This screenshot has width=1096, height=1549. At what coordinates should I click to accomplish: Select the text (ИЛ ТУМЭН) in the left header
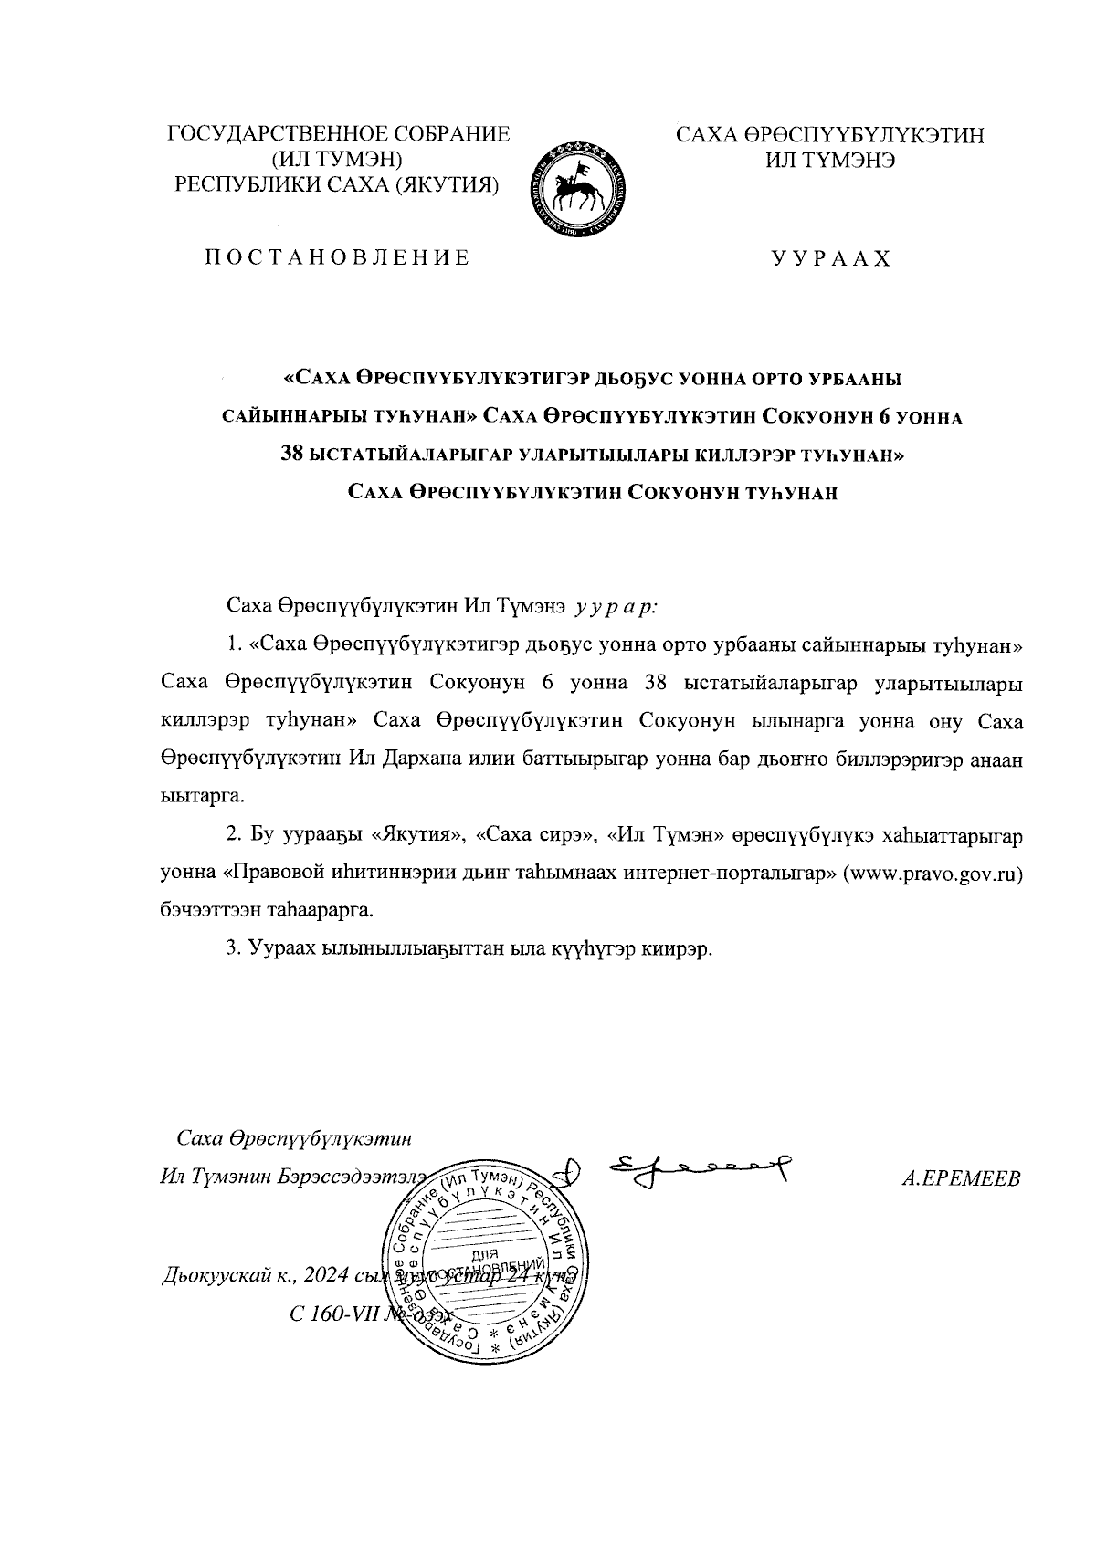pos(338,160)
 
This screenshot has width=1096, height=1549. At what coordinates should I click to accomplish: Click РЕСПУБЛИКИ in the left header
pos(255,184)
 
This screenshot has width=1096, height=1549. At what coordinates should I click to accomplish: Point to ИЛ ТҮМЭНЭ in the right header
pos(829,160)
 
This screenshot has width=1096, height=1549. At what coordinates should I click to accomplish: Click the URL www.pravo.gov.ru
pos(932,872)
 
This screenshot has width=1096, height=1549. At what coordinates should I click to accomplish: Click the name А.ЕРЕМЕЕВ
pos(960,1177)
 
